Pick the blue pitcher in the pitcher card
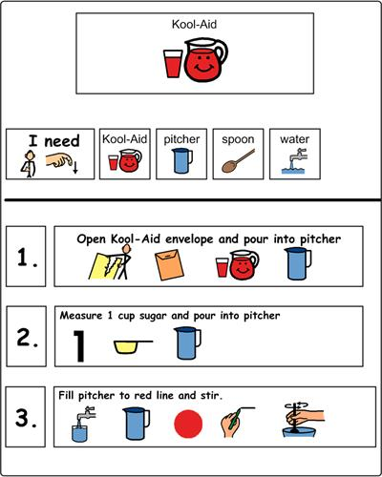click(182, 163)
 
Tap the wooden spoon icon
click(238, 162)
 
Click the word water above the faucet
click(294, 139)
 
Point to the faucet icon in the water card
click(294, 163)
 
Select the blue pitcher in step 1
click(299, 264)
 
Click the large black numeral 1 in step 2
click(80, 345)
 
